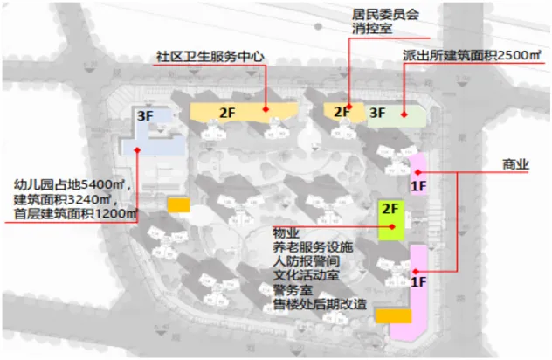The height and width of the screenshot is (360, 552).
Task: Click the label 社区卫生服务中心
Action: [x=209, y=57]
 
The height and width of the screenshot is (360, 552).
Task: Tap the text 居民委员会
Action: [x=385, y=15]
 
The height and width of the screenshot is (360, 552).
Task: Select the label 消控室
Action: [x=371, y=31]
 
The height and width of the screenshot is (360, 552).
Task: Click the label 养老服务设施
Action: [x=312, y=248]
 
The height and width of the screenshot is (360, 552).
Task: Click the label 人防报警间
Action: [x=305, y=262]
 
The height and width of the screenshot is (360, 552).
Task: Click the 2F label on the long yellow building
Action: [x=227, y=112]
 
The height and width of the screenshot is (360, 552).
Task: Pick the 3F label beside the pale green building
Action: [x=377, y=113]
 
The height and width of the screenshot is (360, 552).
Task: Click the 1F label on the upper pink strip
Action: [x=417, y=186]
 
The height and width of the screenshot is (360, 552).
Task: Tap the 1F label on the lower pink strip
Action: [x=418, y=281]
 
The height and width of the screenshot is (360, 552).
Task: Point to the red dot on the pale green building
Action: [x=404, y=114]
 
